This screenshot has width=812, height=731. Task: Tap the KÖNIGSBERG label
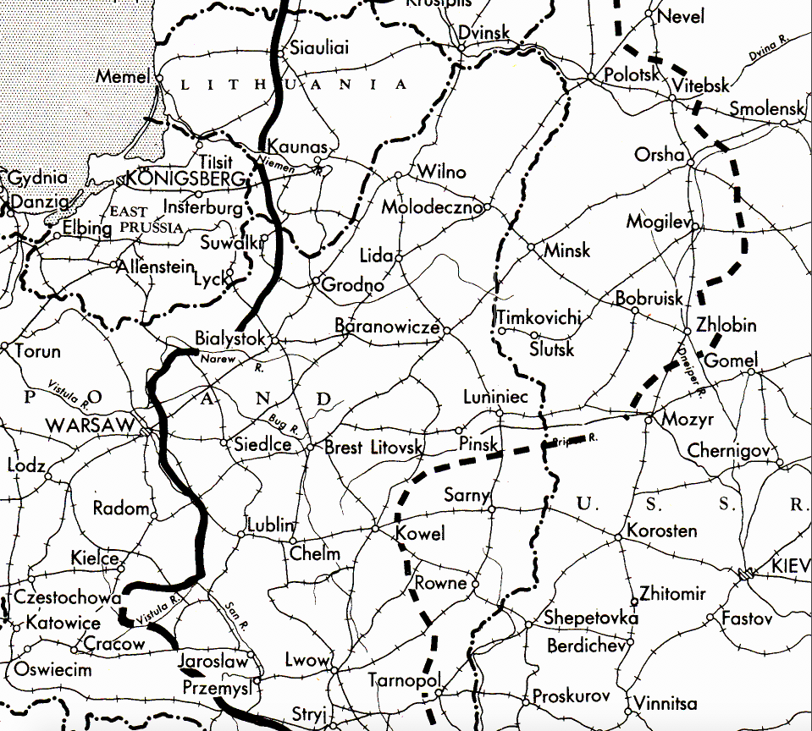tap(185, 179)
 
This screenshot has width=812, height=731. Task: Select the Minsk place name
tap(566, 251)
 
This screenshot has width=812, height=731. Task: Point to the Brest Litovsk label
tap(373, 448)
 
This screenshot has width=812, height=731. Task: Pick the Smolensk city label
tap(766, 109)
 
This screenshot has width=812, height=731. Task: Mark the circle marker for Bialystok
tap(274, 340)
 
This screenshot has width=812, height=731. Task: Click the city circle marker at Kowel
tap(376, 529)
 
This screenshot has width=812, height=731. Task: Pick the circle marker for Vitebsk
tap(671, 98)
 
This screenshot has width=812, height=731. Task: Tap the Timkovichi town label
tap(539, 317)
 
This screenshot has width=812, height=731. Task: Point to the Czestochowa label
tap(68, 597)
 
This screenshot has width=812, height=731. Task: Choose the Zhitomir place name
tap(673, 594)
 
